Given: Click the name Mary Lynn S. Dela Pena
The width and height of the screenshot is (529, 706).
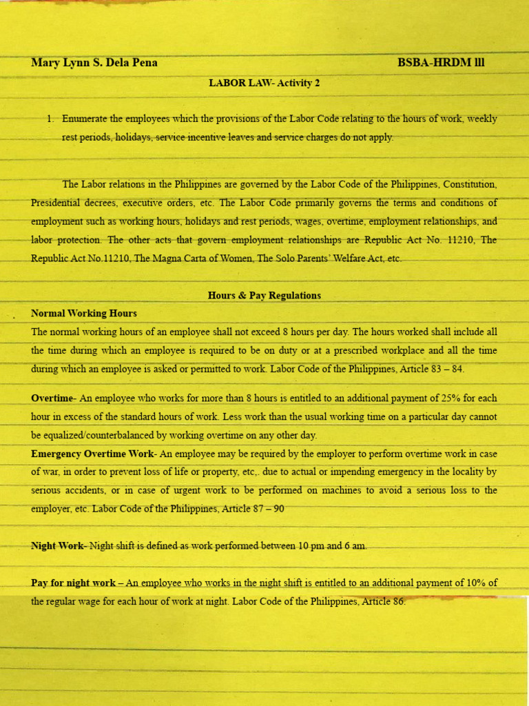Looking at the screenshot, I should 94,63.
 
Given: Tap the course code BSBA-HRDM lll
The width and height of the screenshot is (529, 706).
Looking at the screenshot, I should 441,63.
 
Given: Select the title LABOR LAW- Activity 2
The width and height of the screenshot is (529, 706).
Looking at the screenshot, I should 264,83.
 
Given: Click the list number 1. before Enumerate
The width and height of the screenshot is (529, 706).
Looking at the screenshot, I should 50,119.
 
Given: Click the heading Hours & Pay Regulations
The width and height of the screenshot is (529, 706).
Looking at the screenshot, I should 264,295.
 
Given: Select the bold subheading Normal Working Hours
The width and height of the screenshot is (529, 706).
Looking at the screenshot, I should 84,313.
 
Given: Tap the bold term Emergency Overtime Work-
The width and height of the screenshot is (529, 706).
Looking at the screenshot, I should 94,454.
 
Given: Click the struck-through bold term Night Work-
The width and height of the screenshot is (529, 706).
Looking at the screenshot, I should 59,546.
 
